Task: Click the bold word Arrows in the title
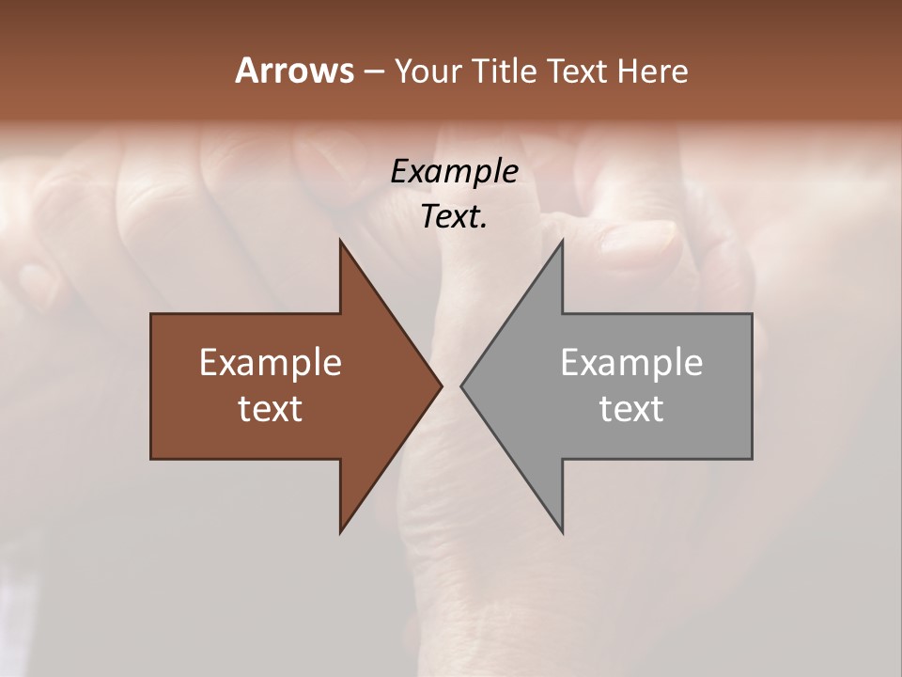[x=294, y=71]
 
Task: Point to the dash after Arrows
[x=373, y=71]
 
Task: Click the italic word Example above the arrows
[x=454, y=171]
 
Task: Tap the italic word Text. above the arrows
[x=454, y=216]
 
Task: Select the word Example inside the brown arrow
[x=271, y=362]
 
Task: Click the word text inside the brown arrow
[x=271, y=408]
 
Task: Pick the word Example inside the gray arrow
[x=631, y=362]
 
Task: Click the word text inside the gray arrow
[x=631, y=408]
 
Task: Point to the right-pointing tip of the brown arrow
[x=441, y=386]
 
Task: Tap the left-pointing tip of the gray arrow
[x=462, y=386]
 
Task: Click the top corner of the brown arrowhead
[x=340, y=241]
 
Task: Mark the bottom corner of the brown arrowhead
[x=340, y=531]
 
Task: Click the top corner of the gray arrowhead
[x=562, y=241]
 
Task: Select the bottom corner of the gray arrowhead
[x=562, y=531]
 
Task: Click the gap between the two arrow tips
[x=451, y=386]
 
